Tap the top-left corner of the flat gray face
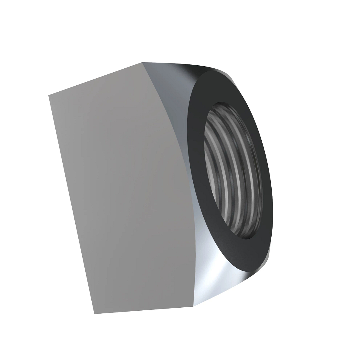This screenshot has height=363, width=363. [49, 96]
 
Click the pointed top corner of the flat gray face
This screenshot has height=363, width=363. [142, 63]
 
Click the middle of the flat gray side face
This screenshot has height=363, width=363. [121, 188]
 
